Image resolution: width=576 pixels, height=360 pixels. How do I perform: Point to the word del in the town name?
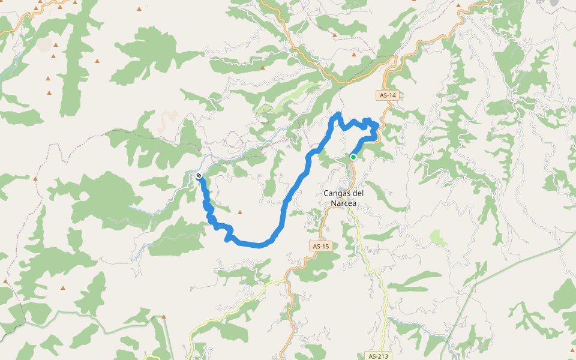(x=359, y=193)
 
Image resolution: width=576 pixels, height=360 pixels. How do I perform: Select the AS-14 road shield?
(x=388, y=95)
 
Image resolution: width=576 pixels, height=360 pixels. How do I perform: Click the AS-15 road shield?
(x=321, y=246)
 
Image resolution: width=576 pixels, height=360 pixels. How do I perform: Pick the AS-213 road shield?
(x=376, y=356)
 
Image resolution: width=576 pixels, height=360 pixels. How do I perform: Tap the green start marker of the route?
(x=353, y=157)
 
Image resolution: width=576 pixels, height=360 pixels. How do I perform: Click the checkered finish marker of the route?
(x=199, y=176)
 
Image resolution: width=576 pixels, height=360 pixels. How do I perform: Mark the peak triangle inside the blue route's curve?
(x=240, y=212)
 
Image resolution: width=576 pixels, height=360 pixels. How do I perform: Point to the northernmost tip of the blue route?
(x=338, y=113)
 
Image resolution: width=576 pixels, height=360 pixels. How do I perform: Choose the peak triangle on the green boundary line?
(x=163, y=316)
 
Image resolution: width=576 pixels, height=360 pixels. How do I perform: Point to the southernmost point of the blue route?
(x=259, y=245)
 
